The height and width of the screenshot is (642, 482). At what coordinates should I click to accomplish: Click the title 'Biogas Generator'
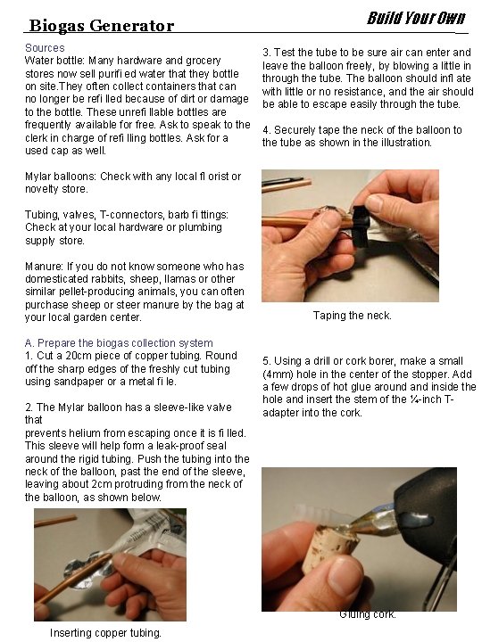(x=102, y=26)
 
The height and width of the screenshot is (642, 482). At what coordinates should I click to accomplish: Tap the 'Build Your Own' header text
(x=416, y=18)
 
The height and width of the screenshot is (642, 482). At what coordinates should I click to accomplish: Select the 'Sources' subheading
(x=45, y=48)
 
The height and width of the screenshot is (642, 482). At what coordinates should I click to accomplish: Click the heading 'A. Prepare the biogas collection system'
(x=119, y=342)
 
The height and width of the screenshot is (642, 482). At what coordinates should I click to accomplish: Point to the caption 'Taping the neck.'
(x=352, y=316)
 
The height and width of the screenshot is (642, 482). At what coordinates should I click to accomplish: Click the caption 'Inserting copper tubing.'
(x=105, y=632)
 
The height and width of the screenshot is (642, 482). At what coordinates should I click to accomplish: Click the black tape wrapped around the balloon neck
(x=361, y=226)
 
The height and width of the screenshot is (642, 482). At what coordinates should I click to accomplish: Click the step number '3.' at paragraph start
(x=267, y=53)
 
